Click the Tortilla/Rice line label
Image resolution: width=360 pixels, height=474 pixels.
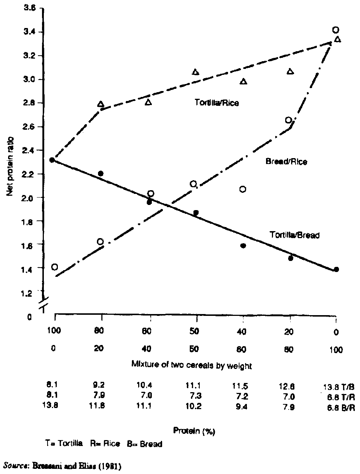(x=217, y=103)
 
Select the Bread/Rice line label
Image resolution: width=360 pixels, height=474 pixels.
(x=286, y=161)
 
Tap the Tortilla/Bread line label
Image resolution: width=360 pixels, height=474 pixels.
(x=294, y=235)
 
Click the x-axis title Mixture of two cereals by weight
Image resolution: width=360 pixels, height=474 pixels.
(x=192, y=366)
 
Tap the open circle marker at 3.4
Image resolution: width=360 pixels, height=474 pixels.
(x=335, y=30)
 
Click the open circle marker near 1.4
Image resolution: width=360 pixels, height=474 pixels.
(x=55, y=267)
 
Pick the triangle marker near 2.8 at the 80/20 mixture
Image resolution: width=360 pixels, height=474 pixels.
(x=101, y=104)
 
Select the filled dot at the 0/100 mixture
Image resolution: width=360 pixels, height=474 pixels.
(x=336, y=269)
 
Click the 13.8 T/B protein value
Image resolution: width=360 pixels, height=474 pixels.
(x=332, y=387)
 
